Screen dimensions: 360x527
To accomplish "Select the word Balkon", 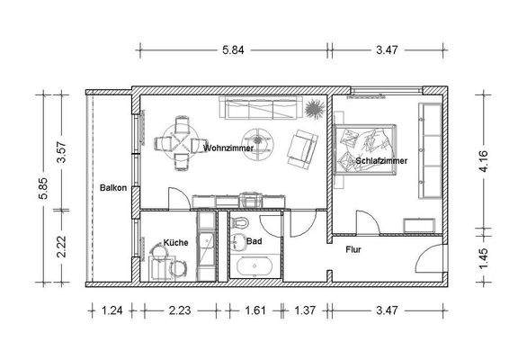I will [x=112, y=187].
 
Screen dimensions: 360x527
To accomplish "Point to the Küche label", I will [x=174, y=242].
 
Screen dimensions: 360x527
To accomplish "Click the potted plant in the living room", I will [x=314, y=110].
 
